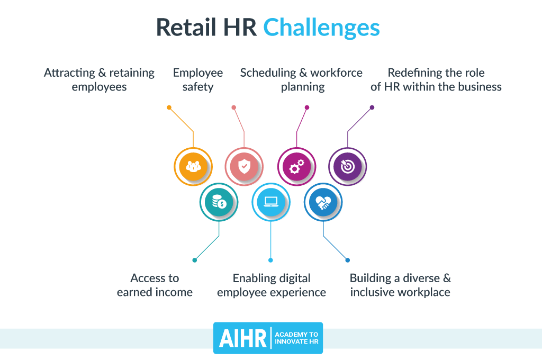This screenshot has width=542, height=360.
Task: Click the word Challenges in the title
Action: (x=321, y=28)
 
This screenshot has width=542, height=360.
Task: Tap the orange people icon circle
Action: (x=193, y=167)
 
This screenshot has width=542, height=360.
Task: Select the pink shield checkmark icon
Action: (x=244, y=167)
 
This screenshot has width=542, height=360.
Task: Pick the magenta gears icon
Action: (x=296, y=167)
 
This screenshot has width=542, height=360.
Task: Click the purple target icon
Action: (x=347, y=167)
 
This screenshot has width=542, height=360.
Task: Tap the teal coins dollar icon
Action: (x=219, y=202)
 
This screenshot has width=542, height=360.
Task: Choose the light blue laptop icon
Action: (x=271, y=202)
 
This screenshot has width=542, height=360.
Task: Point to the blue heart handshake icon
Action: (x=323, y=202)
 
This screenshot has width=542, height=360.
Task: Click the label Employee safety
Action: (x=198, y=79)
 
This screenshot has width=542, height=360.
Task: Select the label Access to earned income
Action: (x=155, y=285)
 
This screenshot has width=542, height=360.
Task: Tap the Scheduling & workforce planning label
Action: (x=301, y=79)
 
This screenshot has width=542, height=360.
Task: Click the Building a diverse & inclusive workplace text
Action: (x=400, y=285)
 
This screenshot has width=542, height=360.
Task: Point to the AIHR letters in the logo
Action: (x=242, y=338)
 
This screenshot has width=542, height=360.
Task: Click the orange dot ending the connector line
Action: (x=169, y=107)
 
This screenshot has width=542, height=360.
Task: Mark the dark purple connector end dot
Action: (x=372, y=107)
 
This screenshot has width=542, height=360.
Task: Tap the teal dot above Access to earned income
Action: (x=195, y=260)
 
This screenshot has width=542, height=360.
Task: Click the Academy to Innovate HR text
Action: (x=296, y=338)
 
